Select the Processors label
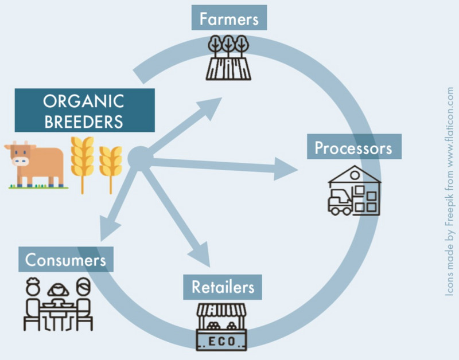pos(353,147)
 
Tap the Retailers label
pos(223,287)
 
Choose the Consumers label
pos(65,260)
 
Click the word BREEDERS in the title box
pos(84,122)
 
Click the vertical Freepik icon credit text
pos(449,192)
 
